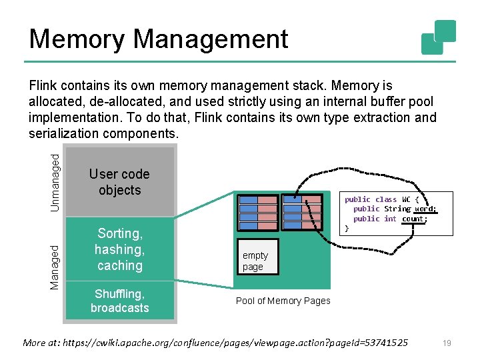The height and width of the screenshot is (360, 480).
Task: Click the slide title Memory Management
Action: point(158,39)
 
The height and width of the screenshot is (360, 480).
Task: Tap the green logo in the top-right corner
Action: point(439,37)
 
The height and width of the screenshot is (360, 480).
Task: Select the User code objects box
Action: point(119,182)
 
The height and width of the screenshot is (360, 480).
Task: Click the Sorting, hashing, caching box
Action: point(119,249)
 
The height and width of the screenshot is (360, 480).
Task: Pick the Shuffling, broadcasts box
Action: point(119,301)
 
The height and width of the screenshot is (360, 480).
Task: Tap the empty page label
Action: point(255,261)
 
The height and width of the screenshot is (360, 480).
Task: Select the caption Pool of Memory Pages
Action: point(283,301)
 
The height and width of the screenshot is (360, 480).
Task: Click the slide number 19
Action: point(447,343)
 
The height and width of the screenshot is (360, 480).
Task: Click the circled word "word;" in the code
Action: point(425,209)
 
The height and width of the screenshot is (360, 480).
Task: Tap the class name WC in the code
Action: point(405,199)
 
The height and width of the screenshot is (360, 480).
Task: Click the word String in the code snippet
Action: point(397,209)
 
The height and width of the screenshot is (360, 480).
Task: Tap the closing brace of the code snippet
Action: point(347,228)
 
